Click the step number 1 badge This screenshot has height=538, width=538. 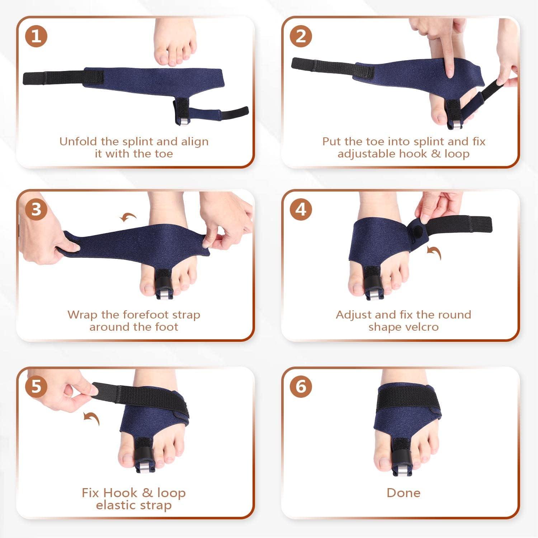[37, 36]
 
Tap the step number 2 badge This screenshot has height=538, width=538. [301, 36]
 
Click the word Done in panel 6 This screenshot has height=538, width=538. [403, 492]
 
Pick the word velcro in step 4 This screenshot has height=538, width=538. [421, 327]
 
